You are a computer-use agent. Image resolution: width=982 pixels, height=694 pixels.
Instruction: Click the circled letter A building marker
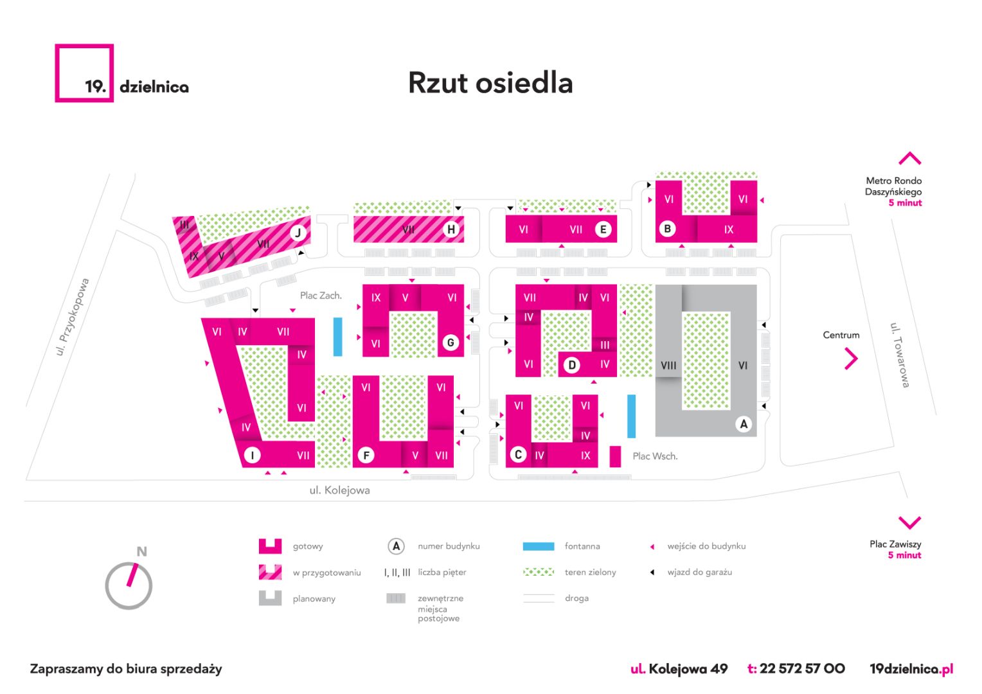click(744, 424)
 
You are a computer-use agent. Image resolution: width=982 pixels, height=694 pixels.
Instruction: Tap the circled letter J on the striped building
click(298, 233)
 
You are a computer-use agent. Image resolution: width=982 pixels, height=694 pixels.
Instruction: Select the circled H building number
click(451, 229)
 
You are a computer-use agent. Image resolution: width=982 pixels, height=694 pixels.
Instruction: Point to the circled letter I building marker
click(252, 455)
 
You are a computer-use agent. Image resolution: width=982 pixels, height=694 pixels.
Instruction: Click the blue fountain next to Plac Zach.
click(337, 337)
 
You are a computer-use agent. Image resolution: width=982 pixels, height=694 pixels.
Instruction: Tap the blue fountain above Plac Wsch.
click(631, 416)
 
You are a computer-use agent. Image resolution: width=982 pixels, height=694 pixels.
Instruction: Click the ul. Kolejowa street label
click(340, 490)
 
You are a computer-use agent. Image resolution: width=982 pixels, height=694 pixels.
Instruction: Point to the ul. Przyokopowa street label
click(73, 317)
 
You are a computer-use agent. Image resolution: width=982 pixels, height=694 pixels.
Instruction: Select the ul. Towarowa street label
click(900, 355)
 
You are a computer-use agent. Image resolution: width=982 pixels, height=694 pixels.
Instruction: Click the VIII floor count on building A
click(668, 365)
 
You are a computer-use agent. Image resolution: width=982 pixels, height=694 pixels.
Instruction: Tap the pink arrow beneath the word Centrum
click(851, 359)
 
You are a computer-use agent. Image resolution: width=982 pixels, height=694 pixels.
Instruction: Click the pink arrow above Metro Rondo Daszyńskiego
click(909, 158)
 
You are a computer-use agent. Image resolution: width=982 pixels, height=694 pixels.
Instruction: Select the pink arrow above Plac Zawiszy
click(909, 522)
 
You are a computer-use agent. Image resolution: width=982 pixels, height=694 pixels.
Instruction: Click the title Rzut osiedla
click(490, 82)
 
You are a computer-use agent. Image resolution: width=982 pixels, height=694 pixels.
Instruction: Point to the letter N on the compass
click(141, 551)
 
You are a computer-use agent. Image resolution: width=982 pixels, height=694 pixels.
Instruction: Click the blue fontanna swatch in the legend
click(539, 546)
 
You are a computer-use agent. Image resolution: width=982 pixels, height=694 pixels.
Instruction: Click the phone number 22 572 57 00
click(802, 668)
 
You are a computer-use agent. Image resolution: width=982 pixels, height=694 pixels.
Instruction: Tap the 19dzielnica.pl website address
click(911, 669)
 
